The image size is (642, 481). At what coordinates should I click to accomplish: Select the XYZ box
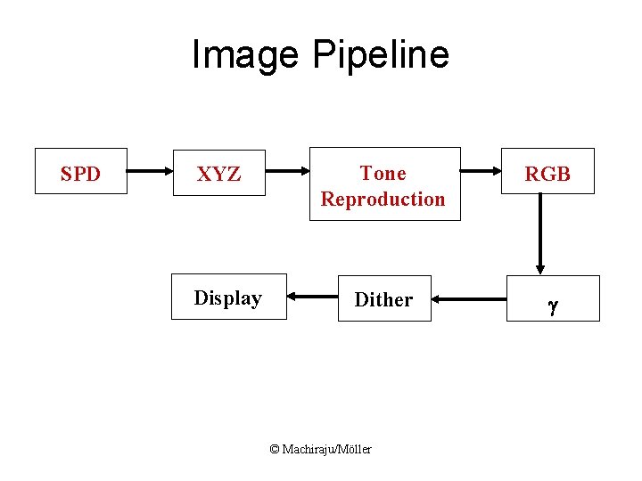tap(218, 173)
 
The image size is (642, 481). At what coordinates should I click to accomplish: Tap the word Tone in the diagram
tap(383, 173)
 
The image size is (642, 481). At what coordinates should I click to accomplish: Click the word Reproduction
tap(383, 199)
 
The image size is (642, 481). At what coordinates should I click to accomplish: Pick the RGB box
tap(547, 173)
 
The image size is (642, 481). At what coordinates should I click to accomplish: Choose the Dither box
tap(384, 298)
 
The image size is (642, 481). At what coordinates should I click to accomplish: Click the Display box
tap(228, 297)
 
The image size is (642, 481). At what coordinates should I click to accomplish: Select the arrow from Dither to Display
tap(312, 298)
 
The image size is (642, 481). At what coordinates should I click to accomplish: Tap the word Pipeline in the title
tap(381, 55)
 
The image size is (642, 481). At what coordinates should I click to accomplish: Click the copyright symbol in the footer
tap(275, 449)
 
